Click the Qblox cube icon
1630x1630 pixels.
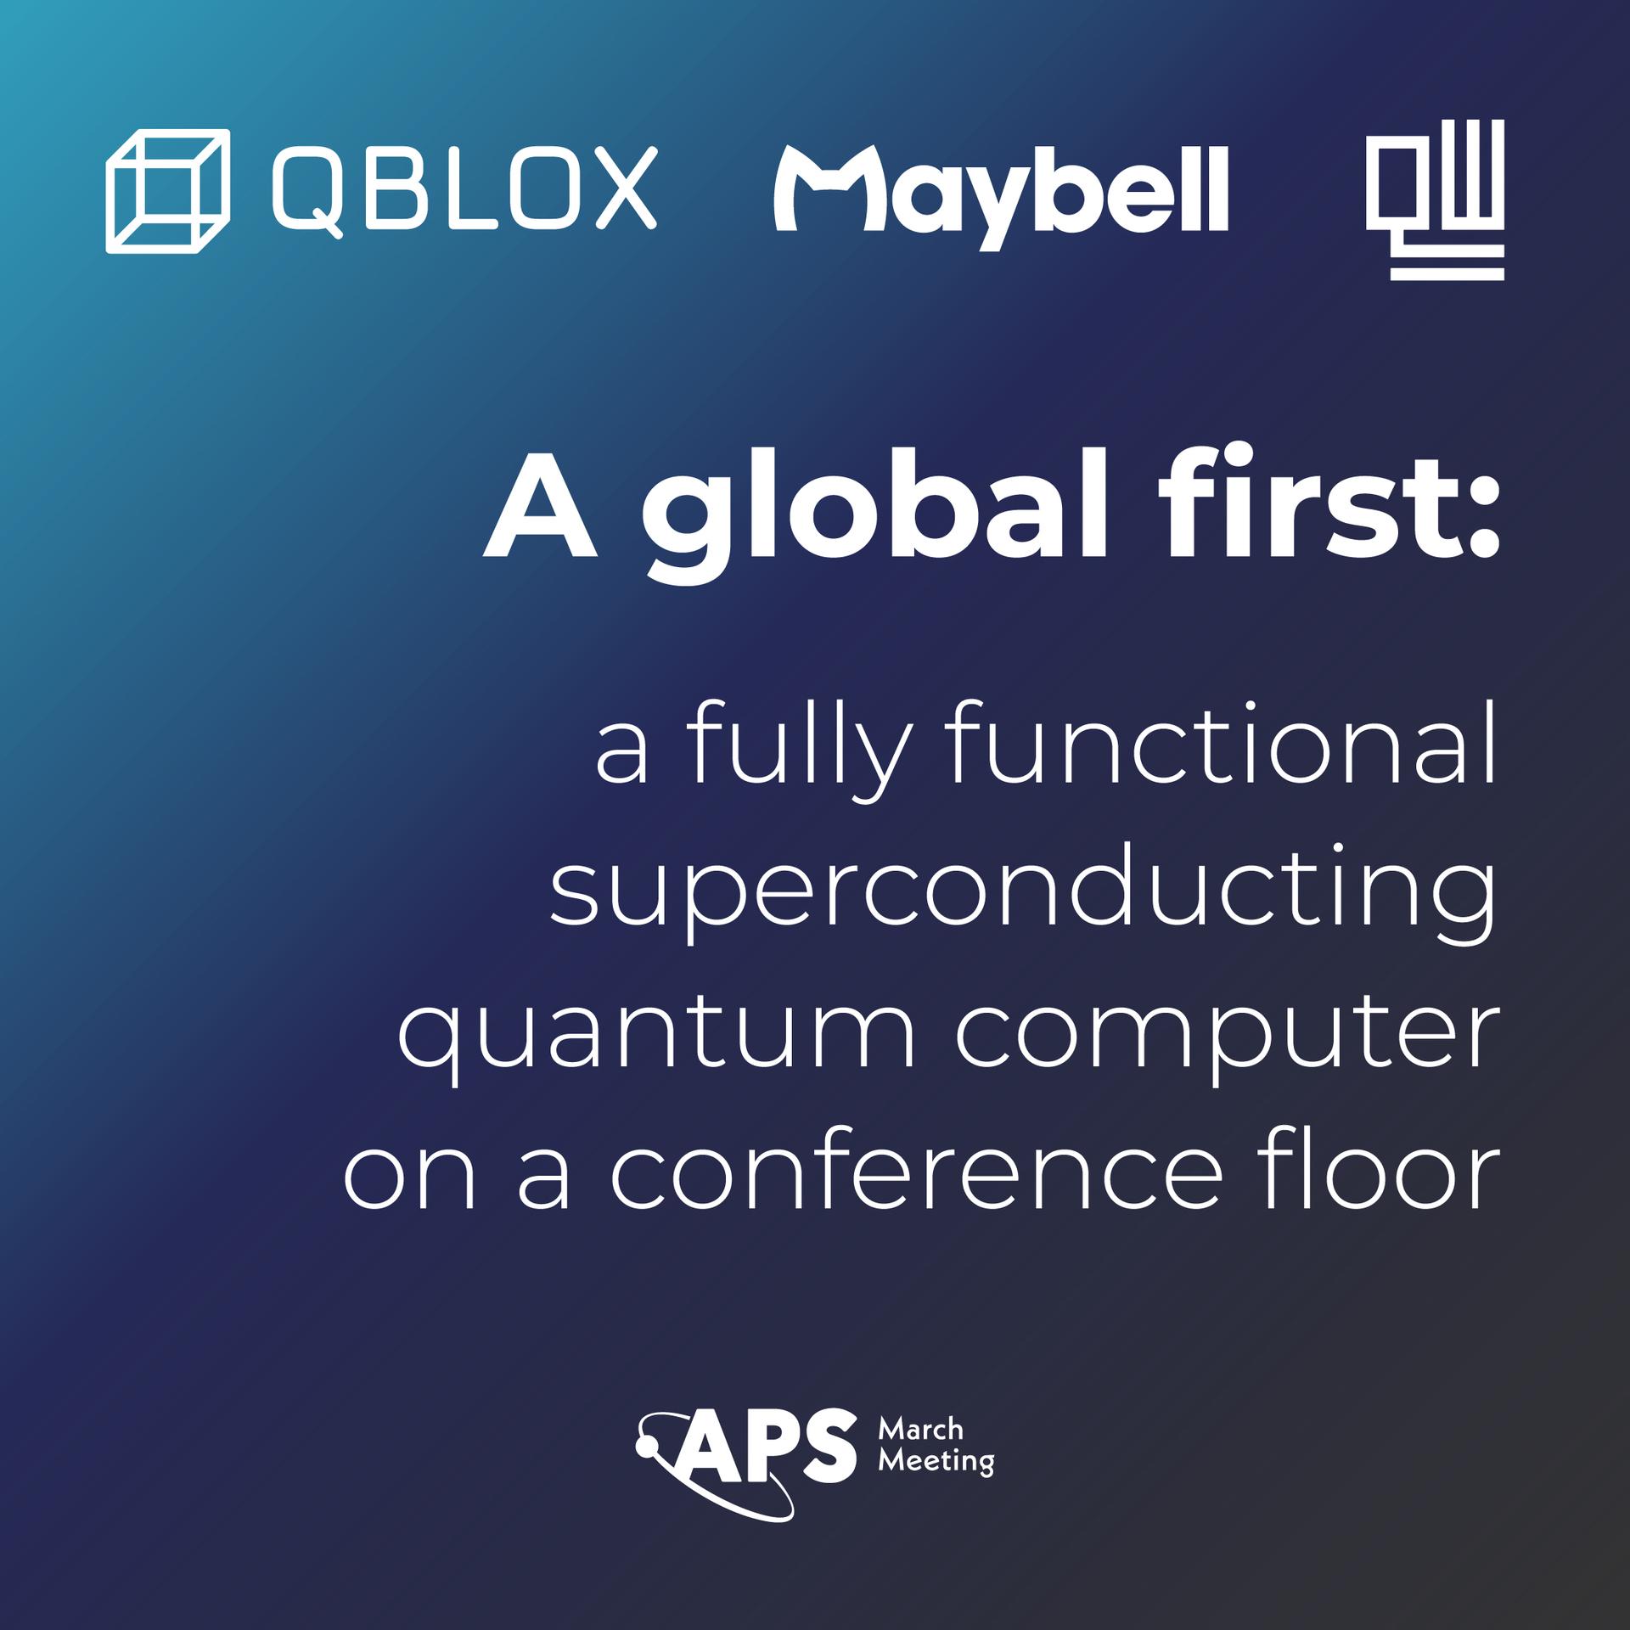point(167,191)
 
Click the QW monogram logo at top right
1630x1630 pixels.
point(1435,200)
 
